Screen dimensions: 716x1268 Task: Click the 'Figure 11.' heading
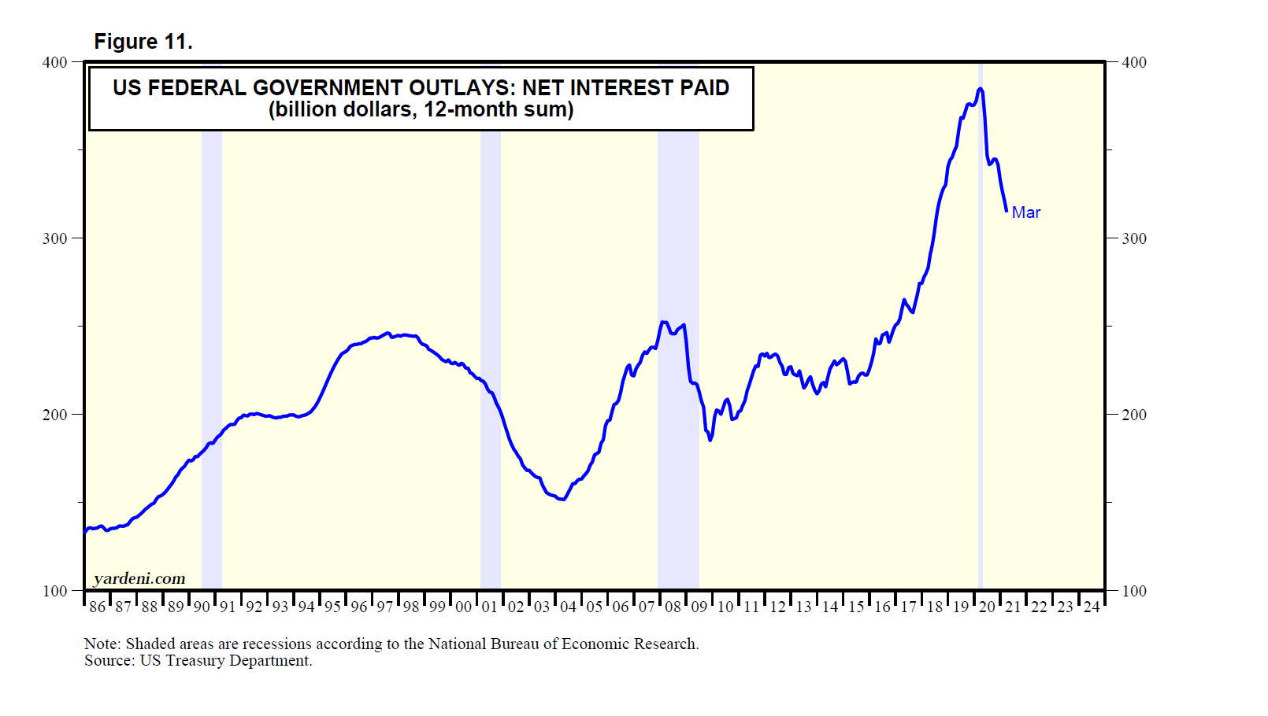(x=143, y=42)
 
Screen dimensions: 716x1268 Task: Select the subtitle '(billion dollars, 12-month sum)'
(x=421, y=109)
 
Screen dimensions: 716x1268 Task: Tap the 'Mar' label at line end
(x=1025, y=212)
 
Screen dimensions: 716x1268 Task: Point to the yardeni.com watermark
(x=139, y=579)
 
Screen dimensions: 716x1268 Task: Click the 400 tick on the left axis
(x=54, y=62)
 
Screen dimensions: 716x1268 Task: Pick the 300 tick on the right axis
(x=1133, y=238)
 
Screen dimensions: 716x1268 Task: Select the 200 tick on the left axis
(x=54, y=415)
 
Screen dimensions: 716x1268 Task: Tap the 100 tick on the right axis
(x=1133, y=591)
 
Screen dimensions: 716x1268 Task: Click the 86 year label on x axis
(x=97, y=607)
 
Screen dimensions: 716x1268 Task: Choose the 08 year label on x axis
(x=673, y=607)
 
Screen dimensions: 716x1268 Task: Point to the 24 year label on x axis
(x=1091, y=607)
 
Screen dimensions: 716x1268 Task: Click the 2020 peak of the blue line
(x=980, y=89)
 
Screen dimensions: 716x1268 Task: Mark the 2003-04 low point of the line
(x=562, y=499)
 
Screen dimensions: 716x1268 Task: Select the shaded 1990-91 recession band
(x=211, y=354)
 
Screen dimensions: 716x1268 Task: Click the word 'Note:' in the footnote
(x=102, y=644)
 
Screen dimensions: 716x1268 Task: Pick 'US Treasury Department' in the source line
(x=225, y=661)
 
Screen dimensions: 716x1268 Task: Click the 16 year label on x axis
(x=882, y=607)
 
